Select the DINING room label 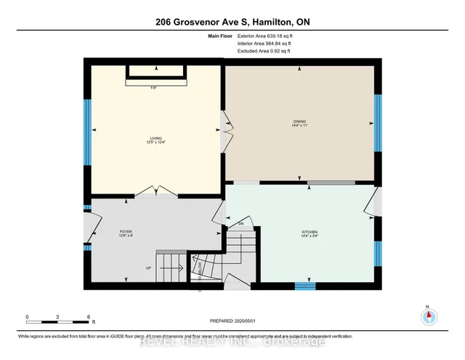[x=299, y=123]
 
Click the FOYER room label [x=126, y=233]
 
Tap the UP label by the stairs [x=148, y=268]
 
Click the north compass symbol [x=428, y=316]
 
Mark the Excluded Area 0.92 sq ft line [x=264, y=51]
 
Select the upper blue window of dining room [x=377, y=121]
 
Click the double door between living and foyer [x=156, y=193]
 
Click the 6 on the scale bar [x=88, y=317]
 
